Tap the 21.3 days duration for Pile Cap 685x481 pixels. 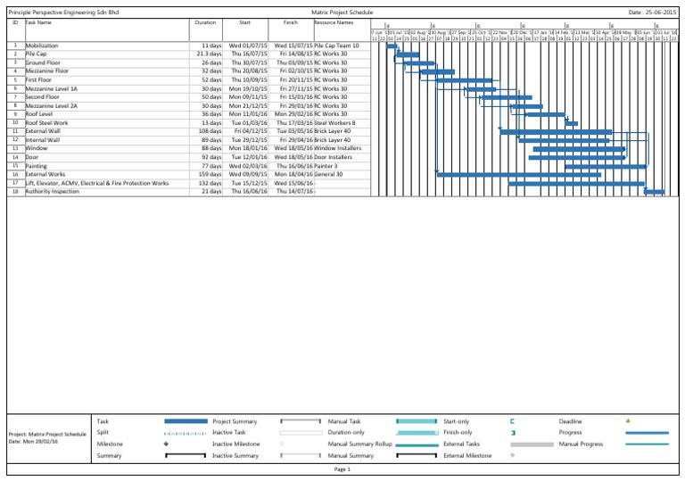click(209, 54)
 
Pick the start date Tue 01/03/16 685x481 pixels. click(246, 123)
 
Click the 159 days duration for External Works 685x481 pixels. click(209, 174)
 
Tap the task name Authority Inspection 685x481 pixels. click(53, 191)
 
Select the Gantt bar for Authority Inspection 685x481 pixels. click(654, 192)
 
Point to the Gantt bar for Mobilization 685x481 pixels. click(392, 46)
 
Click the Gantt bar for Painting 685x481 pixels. click(605, 166)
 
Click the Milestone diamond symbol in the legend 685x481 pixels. click(167, 444)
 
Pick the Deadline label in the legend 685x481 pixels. click(571, 420)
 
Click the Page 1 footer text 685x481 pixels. click(342, 469)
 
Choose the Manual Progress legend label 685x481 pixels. click(579, 444)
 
